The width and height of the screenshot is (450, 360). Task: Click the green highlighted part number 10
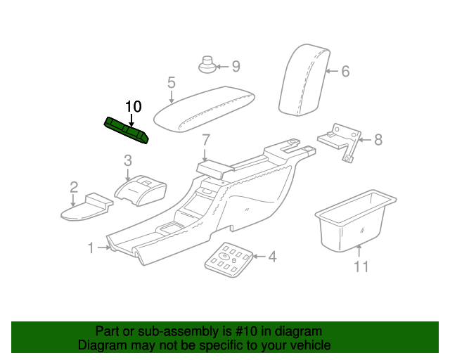(127, 130)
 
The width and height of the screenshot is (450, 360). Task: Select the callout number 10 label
(134, 107)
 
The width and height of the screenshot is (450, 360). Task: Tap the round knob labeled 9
(207, 65)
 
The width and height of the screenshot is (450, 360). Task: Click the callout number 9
(236, 67)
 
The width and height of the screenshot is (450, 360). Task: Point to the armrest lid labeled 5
(205, 109)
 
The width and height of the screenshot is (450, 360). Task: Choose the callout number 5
(172, 83)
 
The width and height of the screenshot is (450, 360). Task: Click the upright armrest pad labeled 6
(304, 80)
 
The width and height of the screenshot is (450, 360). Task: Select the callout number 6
(345, 71)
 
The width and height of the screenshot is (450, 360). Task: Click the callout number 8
(378, 140)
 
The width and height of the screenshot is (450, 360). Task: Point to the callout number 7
(206, 140)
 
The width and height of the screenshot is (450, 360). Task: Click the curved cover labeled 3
(141, 191)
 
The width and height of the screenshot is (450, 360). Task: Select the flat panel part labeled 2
(86, 207)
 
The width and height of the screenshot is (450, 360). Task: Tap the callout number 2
(74, 187)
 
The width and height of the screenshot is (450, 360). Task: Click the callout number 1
(91, 247)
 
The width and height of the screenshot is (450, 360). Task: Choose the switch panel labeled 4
(229, 259)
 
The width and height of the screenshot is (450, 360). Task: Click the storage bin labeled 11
(355, 221)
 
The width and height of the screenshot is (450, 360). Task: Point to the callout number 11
(361, 266)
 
